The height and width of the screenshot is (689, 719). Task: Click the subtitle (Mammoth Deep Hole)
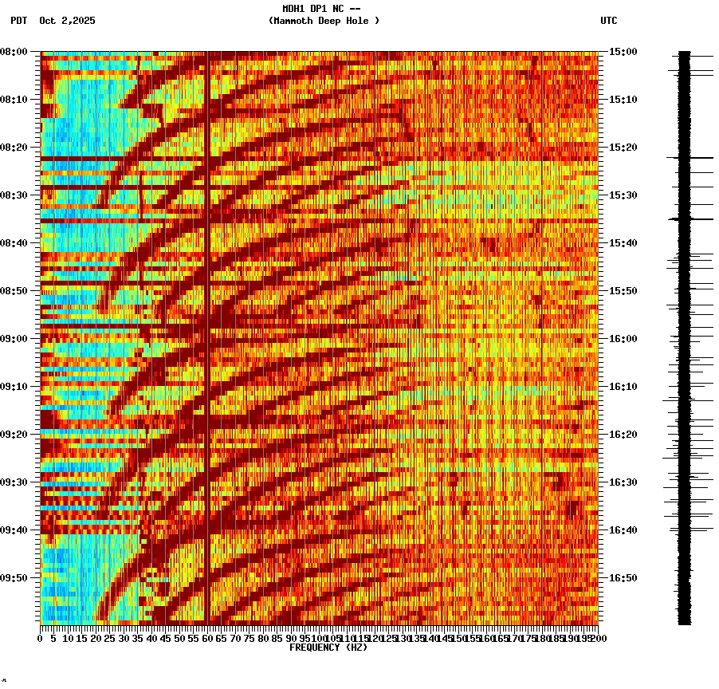coord(324,21)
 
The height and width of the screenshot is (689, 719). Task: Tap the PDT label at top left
coord(18,21)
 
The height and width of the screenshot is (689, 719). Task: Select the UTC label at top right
coord(608,21)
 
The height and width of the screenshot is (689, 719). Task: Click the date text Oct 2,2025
coord(67,21)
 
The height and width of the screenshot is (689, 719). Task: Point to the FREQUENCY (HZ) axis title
coord(328,648)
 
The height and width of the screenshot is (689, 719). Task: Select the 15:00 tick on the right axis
coord(621,52)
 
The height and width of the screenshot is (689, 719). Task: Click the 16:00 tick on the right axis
coord(621,339)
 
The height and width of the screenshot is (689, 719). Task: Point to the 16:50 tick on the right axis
coord(621,578)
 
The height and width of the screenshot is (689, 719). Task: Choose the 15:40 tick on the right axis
coord(621,243)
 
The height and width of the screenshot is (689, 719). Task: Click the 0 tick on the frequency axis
coord(41,639)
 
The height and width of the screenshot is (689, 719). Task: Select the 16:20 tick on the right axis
coord(621,435)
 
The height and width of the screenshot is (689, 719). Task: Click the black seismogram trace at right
coord(684,335)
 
